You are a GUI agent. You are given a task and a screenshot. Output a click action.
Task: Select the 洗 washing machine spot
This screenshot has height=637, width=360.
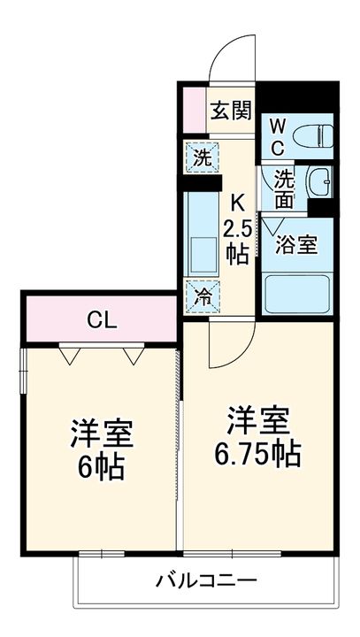click(x=202, y=159)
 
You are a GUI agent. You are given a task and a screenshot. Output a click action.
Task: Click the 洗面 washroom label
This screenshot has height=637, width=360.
click(x=283, y=188)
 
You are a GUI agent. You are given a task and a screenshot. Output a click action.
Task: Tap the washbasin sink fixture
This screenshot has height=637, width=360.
click(x=320, y=182)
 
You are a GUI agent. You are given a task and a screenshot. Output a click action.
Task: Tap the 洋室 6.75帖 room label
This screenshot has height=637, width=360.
click(x=257, y=439)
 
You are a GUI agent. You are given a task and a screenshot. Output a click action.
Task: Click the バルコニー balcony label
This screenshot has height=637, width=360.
click(x=205, y=582)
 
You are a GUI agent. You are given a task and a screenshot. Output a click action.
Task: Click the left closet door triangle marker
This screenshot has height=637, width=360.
click(x=70, y=356)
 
